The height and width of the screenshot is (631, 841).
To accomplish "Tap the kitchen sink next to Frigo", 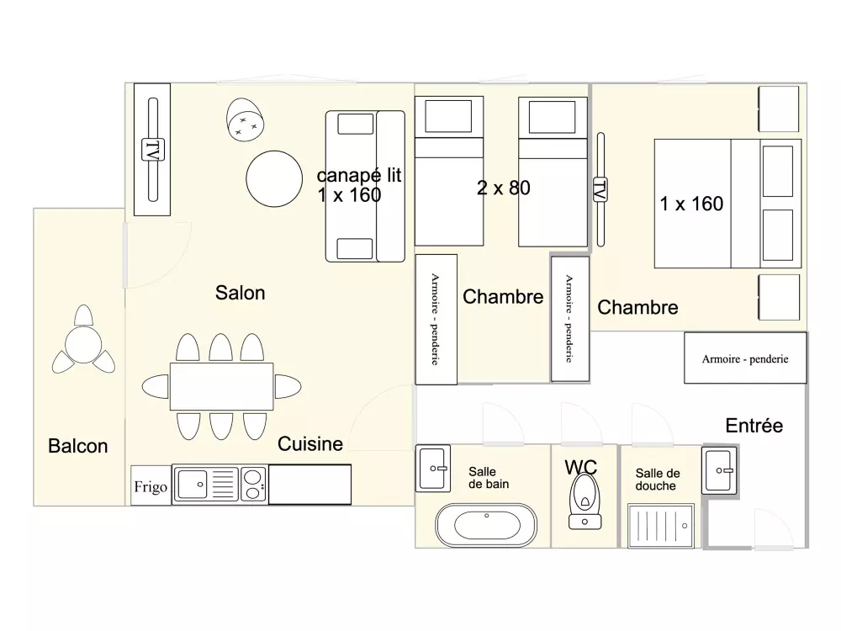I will coord(193,485).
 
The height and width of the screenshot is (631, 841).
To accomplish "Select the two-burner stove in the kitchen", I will coord(252,485).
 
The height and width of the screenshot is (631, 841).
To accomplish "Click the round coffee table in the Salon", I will coord(273,179).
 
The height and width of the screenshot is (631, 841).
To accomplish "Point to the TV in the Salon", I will coord(152,150).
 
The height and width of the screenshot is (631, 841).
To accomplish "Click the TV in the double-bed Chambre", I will coord(600,189).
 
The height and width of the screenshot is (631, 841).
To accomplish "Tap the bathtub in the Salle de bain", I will coord(484,527).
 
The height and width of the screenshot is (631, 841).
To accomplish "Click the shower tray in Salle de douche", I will coord(661,527).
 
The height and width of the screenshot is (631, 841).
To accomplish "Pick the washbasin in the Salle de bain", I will coord(434,468).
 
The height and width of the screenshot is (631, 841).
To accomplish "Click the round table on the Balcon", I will coord(83,344).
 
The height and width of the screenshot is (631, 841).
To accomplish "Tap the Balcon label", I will coord(78,446).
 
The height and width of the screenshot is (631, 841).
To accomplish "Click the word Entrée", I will coord(754,426).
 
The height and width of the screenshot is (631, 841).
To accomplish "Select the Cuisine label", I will coord(310,443).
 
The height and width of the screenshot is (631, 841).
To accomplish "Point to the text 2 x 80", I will coord(503,188).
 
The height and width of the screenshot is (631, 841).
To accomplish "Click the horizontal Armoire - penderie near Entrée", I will coord(745,358).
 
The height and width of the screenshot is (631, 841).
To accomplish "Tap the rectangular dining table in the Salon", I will coord(222,386).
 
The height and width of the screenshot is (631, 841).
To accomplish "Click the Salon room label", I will coord(240,293).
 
